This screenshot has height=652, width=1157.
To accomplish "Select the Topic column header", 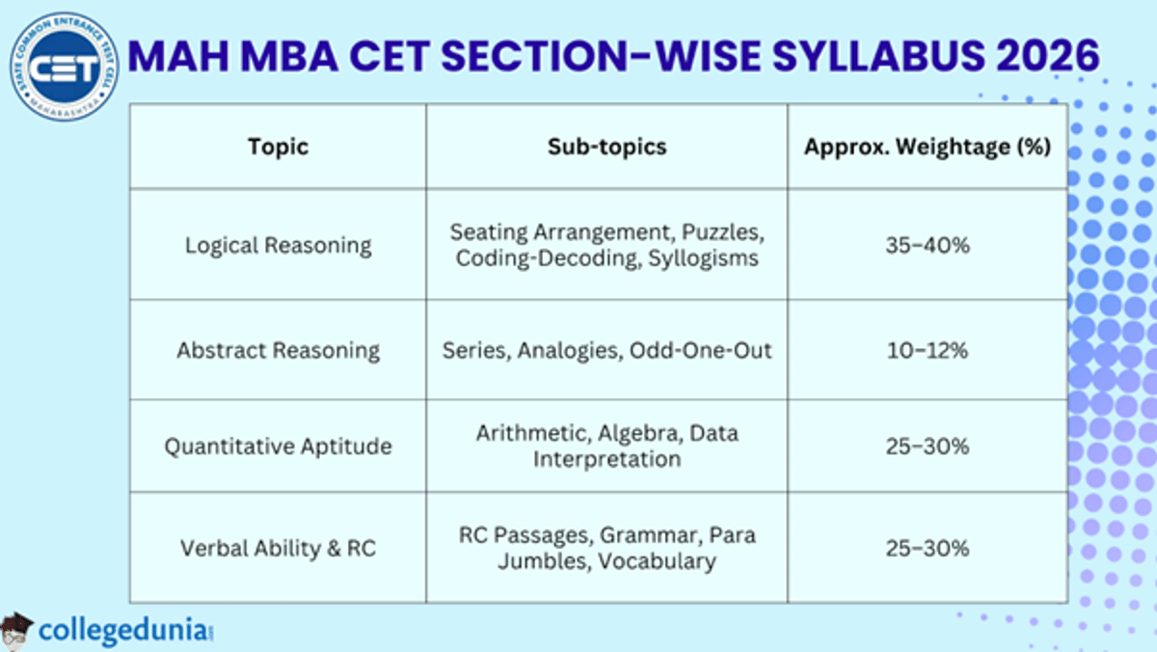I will pos(278,147).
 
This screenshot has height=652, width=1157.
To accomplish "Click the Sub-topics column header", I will pos(606,147).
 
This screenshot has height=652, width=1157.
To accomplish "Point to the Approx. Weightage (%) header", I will pos(927,147).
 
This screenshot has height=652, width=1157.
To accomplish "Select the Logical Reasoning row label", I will pos(278,245).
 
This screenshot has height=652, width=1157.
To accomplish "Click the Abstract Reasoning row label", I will pos(278,350).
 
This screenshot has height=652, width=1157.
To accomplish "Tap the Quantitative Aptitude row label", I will pos(278,447).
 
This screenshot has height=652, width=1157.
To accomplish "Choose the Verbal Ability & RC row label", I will pos(278,549).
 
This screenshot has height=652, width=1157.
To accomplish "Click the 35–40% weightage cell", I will pos(927,245).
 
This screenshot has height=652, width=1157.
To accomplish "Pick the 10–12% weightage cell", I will pos(927,350).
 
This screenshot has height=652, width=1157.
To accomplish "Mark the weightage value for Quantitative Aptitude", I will pos(927,447).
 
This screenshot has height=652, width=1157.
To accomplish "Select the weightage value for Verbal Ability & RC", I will pos(927,549).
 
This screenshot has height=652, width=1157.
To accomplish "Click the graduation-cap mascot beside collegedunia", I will pos(16,629).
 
